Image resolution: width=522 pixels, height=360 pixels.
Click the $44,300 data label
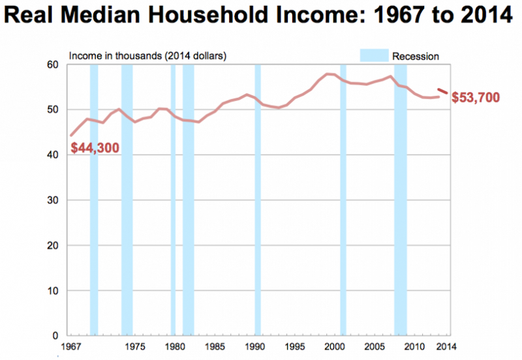click(x=96, y=148)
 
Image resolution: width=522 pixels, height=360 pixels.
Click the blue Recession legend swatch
click(x=374, y=55)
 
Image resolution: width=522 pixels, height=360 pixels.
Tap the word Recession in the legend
click(x=416, y=56)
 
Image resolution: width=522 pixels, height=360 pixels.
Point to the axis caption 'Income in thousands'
click(x=111, y=56)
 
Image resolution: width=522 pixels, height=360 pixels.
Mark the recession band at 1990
click(x=258, y=196)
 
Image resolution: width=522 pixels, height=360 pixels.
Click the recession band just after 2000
click(x=343, y=196)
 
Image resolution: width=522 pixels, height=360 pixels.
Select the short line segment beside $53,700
click(x=442, y=91)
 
